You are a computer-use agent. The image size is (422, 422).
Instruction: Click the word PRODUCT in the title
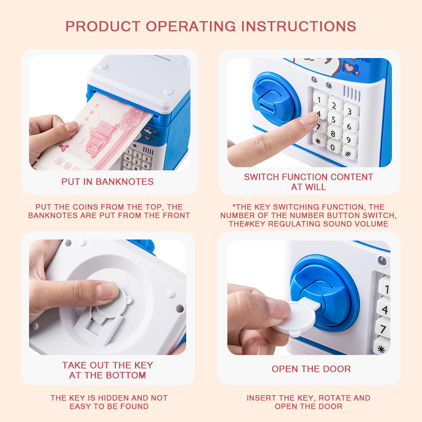(x=103, y=26)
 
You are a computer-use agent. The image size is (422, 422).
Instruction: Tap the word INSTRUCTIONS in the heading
(x=299, y=26)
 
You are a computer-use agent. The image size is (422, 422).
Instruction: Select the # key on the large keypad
(x=349, y=154)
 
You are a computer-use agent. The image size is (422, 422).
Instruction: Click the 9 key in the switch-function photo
(x=350, y=139)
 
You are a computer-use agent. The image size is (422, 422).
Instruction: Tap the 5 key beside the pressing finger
(x=334, y=119)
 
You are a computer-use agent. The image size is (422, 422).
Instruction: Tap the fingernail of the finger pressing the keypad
(x=310, y=118)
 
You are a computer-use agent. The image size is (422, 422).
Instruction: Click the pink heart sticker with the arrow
(x=351, y=69)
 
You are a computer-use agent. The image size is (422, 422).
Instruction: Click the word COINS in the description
(x=85, y=207)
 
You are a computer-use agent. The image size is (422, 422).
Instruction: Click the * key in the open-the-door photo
(x=381, y=349)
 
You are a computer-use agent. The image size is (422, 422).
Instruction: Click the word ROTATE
(x=334, y=398)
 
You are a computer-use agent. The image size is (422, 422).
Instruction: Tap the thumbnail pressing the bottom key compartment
(x=107, y=291)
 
